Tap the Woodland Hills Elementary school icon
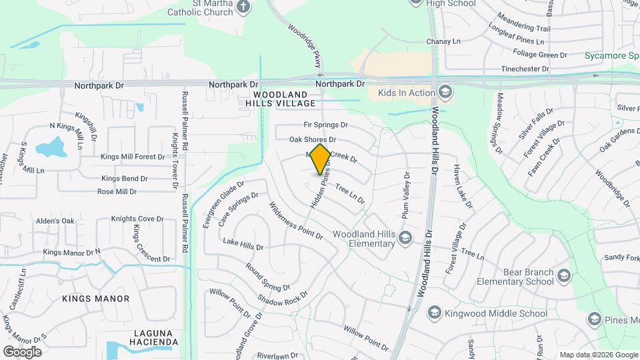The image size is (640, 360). [x=405, y=237]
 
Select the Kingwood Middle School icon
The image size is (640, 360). [x=435, y=313]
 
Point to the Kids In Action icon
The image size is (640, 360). [x=445, y=92]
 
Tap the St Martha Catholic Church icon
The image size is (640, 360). [x=243, y=7]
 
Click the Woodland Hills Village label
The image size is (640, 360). [x=280, y=99]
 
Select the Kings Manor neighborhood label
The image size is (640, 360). [x=96, y=299]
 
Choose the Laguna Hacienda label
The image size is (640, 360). [x=152, y=337]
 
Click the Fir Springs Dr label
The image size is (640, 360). [x=326, y=125]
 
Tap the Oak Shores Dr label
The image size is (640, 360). [x=312, y=140]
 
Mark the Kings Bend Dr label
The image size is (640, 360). [x=125, y=179]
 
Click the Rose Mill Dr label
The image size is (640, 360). [x=117, y=191]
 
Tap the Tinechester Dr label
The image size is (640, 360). [x=526, y=69]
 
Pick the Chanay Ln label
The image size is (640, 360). [x=443, y=41]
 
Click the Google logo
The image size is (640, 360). [x=22, y=351]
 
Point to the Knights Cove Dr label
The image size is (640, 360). [x=137, y=219]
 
